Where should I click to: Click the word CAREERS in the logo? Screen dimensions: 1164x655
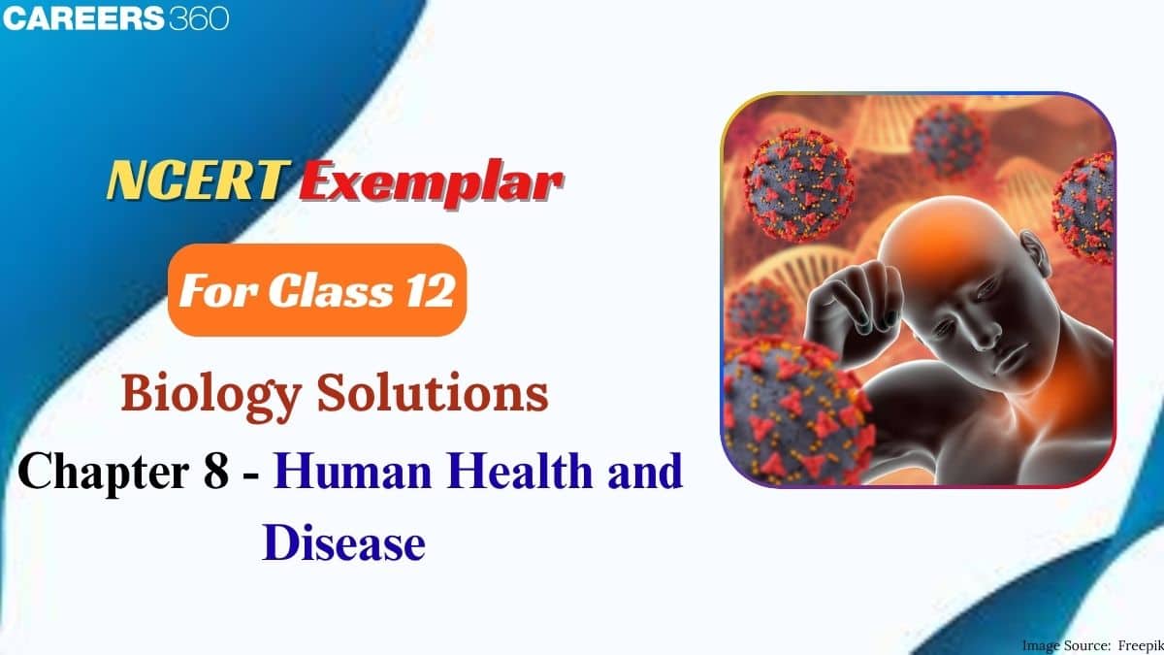[83, 17]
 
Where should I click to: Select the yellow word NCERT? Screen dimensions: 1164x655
[198, 180]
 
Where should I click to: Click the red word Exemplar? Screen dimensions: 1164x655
[432, 183]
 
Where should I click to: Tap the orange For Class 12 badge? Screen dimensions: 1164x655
[317, 289]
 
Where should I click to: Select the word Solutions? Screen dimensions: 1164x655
[433, 393]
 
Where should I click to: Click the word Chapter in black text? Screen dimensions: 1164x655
[104, 472]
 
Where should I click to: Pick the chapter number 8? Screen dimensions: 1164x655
[216, 471]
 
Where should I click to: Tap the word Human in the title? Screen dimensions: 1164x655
[352, 471]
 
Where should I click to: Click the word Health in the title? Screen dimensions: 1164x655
[520, 471]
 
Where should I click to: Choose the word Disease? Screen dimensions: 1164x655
[343, 543]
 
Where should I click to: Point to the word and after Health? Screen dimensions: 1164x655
[645, 471]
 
